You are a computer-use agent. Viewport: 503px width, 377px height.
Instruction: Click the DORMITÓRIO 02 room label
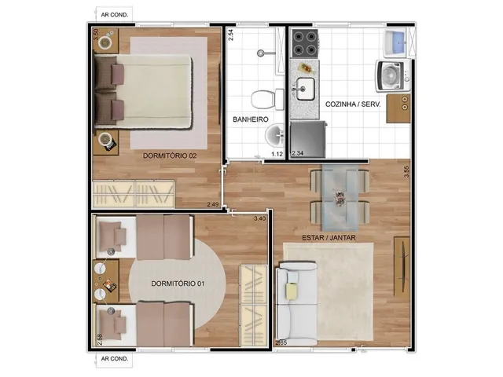click(170, 156)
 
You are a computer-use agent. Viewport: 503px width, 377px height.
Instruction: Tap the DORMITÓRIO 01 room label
click(178, 284)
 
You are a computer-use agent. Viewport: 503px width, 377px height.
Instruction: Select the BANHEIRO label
click(251, 119)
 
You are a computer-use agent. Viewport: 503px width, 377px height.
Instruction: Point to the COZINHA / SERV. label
click(353, 104)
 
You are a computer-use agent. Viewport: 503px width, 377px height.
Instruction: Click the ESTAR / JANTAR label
click(329, 238)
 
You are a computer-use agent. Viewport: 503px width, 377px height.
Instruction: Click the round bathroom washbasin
click(274, 134)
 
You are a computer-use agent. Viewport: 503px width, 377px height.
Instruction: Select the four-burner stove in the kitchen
click(305, 44)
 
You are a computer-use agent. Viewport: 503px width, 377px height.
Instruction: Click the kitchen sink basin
click(305, 89)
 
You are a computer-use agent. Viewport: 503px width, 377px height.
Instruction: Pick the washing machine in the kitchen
click(393, 76)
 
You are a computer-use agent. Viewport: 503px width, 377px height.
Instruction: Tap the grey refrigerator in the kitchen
click(308, 140)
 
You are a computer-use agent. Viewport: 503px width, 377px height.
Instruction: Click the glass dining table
click(340, 197)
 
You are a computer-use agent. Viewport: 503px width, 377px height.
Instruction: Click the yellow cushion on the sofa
click(292, 291)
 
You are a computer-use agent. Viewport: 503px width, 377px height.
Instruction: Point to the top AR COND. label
click(115, 15)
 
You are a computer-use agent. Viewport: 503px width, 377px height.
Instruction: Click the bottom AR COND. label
click(115, 359)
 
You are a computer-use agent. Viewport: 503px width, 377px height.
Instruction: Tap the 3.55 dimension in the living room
click(406, 172)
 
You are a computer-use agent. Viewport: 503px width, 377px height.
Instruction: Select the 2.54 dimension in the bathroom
click(230, 35)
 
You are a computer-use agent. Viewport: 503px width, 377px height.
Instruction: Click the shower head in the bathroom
click(261, 53)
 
